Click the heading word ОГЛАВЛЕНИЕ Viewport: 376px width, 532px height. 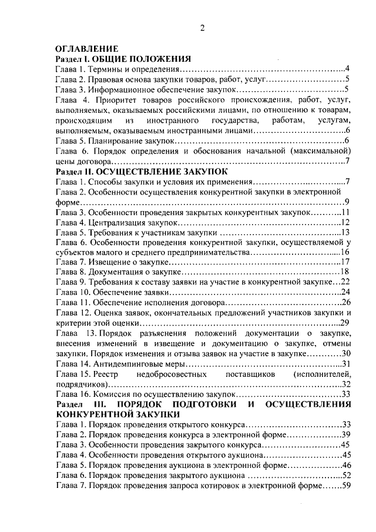[87, 49]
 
